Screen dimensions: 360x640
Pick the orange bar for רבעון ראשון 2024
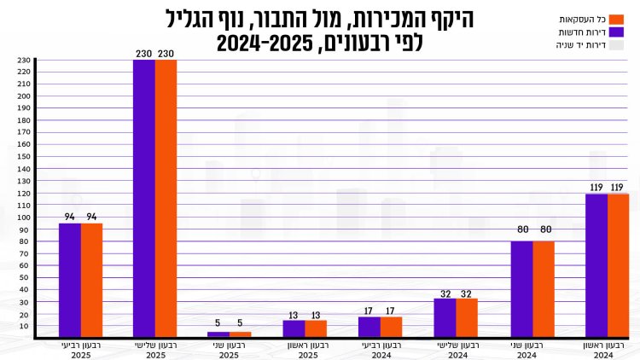coord(618,265)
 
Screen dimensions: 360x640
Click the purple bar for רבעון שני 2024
coord(521,289)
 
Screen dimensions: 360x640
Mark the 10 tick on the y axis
coord(25,326)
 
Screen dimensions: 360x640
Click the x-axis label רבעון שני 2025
coord(230,349)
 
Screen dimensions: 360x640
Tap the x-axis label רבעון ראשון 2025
coord(305,349)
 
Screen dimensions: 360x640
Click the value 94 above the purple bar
coord(70,216)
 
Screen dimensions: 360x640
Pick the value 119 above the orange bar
coord(618,187)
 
